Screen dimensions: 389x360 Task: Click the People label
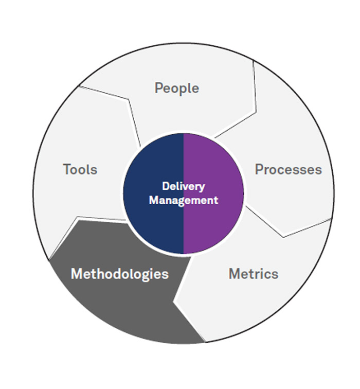[x=176, y=88]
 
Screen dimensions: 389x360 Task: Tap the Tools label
[x=80, y=169]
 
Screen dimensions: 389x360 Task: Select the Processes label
[x=288, y=169]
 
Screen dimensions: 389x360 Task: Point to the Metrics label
[x=253, y=274]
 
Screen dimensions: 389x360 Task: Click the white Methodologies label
[x=119, y=274]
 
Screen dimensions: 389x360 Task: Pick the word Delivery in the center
[x=183, y=186]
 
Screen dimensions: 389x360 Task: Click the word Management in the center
[x=183, y=200]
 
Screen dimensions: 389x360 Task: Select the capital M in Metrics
[x=234, y=274]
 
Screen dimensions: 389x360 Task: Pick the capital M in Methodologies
[x=76, y=274]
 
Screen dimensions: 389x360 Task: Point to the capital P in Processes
[x=259, y=169]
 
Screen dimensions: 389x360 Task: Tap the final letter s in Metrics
[x=275, y=274]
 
